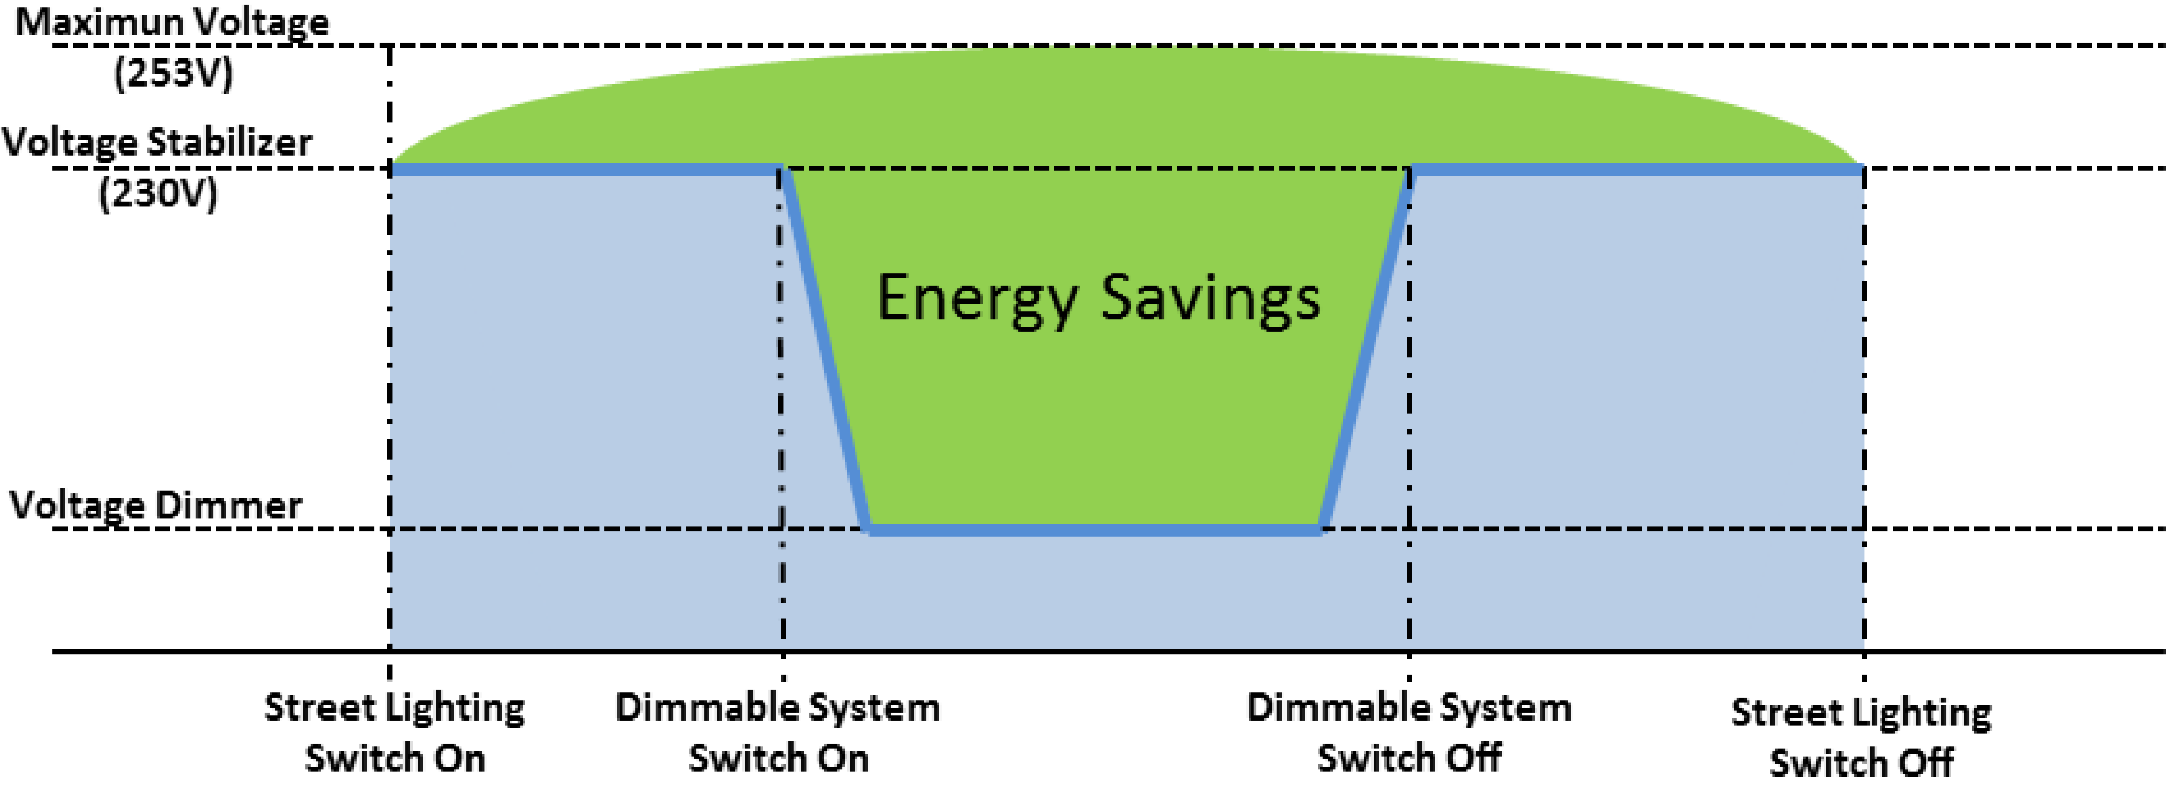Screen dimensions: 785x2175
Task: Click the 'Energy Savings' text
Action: [1098, 297]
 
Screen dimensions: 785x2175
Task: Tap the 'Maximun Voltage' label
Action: [172, 22]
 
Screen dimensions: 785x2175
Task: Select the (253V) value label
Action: [173, 74]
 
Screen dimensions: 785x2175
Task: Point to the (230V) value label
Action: [158, 194]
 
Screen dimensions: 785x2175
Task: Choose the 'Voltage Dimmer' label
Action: [155, 505]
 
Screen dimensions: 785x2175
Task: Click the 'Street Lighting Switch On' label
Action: [395, 733]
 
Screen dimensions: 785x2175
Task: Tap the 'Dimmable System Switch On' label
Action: [778, 733]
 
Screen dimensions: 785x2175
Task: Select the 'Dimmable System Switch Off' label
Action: [1408, 733]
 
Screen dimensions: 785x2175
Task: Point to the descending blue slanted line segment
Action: [826, 350]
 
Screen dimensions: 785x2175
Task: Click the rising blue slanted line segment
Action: [1366, 350]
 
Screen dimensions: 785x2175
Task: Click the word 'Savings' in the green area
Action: [1210, 297]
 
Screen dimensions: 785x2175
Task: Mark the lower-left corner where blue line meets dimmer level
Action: [868, 529]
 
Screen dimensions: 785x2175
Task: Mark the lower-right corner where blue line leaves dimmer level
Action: [1322, 529]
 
